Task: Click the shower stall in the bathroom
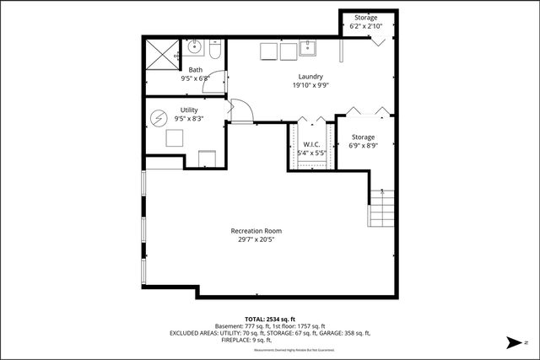(161, 54)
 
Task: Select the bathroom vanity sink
(192, 46)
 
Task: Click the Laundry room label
(288, 77)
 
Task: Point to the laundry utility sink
(307, 49)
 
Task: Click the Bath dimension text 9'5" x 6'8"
(195, 78)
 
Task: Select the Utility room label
(189, 110)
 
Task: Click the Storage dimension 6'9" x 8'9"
(363, 146)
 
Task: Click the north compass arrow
(511, 342)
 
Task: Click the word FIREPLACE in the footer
(239, 340)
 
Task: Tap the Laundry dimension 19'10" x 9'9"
(288, 85)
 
